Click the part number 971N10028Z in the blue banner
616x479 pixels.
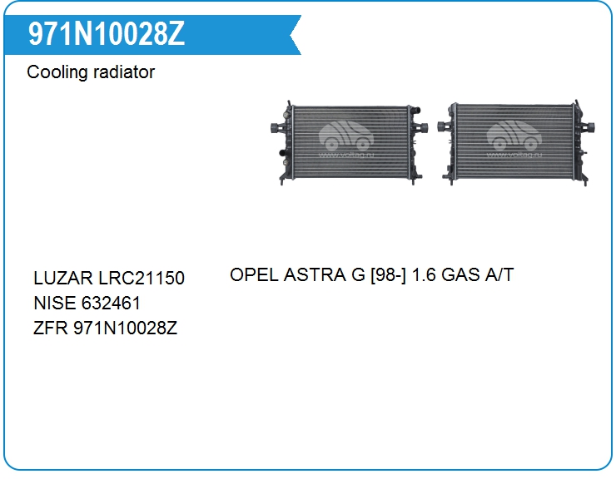pyautogui.click(x=106, y=34)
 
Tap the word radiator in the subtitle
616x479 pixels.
pyautogui.click(x=124, y=72)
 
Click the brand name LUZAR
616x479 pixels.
pyautogui.click(x=63, y=278)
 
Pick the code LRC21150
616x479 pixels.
pyautogui.click(x=142, y=278)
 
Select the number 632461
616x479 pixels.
pyautogui.click(x=112, y=303)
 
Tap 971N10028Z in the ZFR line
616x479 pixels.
pyautogui.click(x=126, y=328)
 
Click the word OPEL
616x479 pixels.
pyautogui.click(x=254, y=274)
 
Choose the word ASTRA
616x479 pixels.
pyautogui.click(x=315, y=274)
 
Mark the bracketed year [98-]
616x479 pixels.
pyautogui.click(x=388, y=275)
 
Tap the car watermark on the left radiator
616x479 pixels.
pyautogui.click(x=345, y=138)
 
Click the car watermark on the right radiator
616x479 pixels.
pyautogui.click(x=514, y=138)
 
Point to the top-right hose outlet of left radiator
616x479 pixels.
pyautogui.click(x=415, y=110)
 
